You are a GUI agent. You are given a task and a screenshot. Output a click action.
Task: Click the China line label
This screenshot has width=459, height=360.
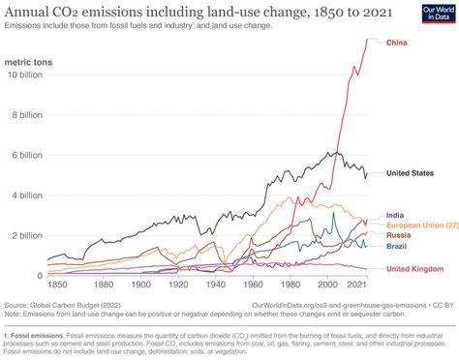(397, 43)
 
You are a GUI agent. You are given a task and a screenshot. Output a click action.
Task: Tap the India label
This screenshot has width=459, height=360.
(395, 215)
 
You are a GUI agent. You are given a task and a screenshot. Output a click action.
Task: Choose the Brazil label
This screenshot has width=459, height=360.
(397, 247)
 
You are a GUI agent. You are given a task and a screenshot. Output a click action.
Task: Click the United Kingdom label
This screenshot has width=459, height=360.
(414, 268)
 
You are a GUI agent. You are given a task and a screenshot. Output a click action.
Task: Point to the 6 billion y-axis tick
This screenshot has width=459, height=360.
(25, 155)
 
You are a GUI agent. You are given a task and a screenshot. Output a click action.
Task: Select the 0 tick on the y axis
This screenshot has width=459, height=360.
(39, 276)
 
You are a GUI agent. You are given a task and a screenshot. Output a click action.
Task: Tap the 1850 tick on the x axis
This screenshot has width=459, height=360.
(59, 285)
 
